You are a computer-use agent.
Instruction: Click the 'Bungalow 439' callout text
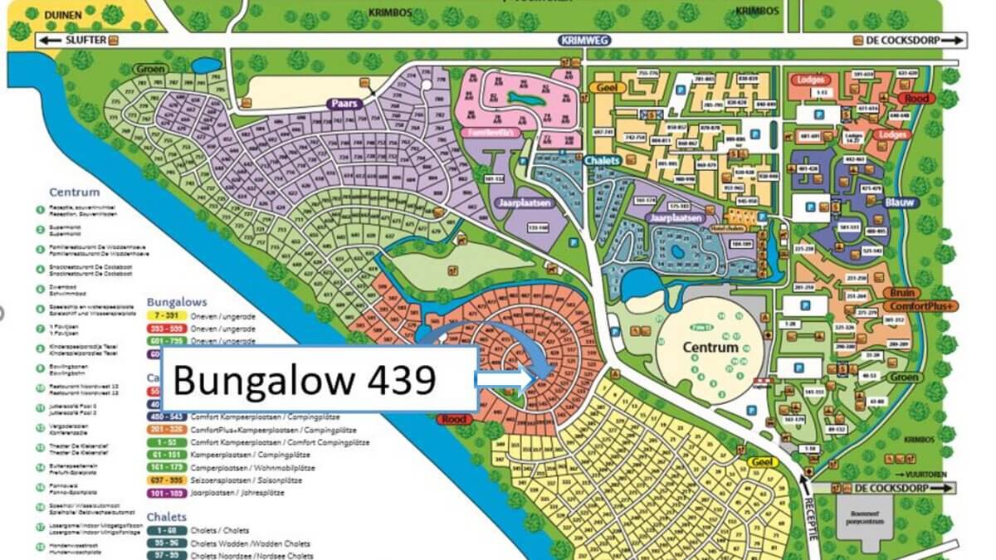tap(304, 380)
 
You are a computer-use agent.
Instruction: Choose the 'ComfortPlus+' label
tap(924, 306)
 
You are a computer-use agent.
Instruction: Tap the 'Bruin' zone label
tap(903, 293)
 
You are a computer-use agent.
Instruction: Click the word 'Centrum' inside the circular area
tap(710, 347)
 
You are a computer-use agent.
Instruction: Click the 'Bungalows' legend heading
tap(177, 302)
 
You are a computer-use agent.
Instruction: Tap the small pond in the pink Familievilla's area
tap(524, 98)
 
